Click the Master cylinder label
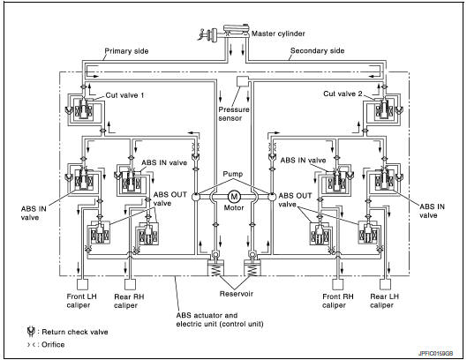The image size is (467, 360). tap(275, 34)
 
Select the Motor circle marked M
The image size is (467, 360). tap(233, 196)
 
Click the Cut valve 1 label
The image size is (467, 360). tap(123, 93)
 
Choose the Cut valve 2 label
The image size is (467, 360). tap(343, 93)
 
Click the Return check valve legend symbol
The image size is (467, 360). tap(30, 331)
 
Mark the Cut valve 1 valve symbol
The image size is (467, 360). tap(84, 110)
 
